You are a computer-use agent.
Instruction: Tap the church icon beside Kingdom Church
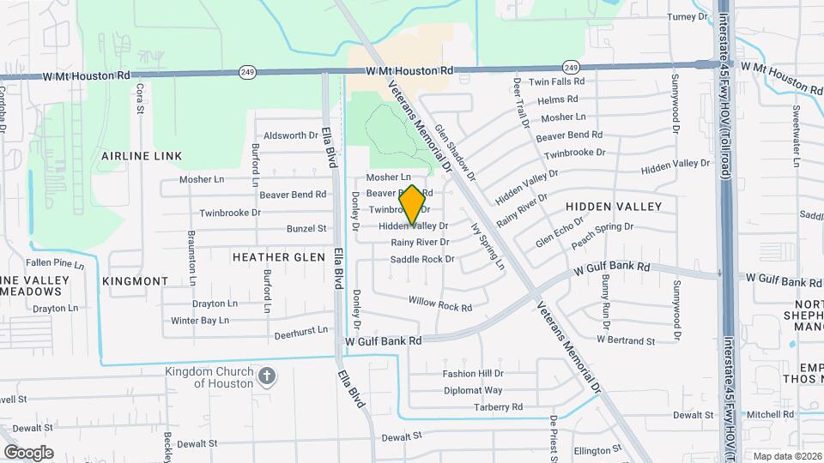point(267,376)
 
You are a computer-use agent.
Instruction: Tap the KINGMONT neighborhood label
point(136,281)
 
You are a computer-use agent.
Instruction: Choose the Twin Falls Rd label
point(556,81)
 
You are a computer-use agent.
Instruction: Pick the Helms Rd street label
point(558,99)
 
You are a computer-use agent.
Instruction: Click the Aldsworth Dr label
point(291,135)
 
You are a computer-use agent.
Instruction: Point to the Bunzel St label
point(306,228)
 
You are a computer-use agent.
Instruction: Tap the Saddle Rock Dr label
point(422,259)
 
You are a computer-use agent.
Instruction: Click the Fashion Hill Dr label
point(473,374)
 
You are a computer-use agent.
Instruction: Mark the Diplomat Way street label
point(473,390)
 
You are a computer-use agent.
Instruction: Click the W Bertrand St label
point(626,340)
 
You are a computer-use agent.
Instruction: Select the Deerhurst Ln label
point(300,331)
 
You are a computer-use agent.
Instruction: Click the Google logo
point(28,453)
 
